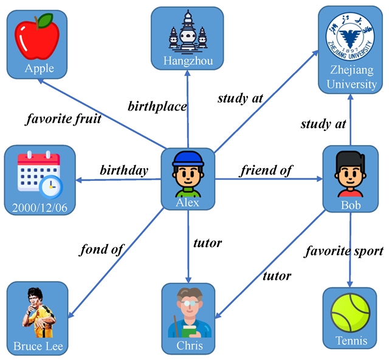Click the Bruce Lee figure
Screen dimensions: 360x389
[x=38, y=314]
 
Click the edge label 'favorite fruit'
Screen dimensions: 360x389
[x=63, y=118]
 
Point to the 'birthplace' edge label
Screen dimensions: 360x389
[x=157, y=106]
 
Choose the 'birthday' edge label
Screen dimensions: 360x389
[x=124, y=170]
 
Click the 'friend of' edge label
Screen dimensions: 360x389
[x=266, y=170]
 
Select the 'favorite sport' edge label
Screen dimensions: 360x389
[x=343, y=250]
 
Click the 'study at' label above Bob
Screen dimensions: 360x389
[x=323, y=124]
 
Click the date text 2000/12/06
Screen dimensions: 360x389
[x=40, y=208]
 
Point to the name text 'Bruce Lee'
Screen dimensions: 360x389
[x=38, y=347]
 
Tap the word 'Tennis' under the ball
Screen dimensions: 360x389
[x=351, y=341]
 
